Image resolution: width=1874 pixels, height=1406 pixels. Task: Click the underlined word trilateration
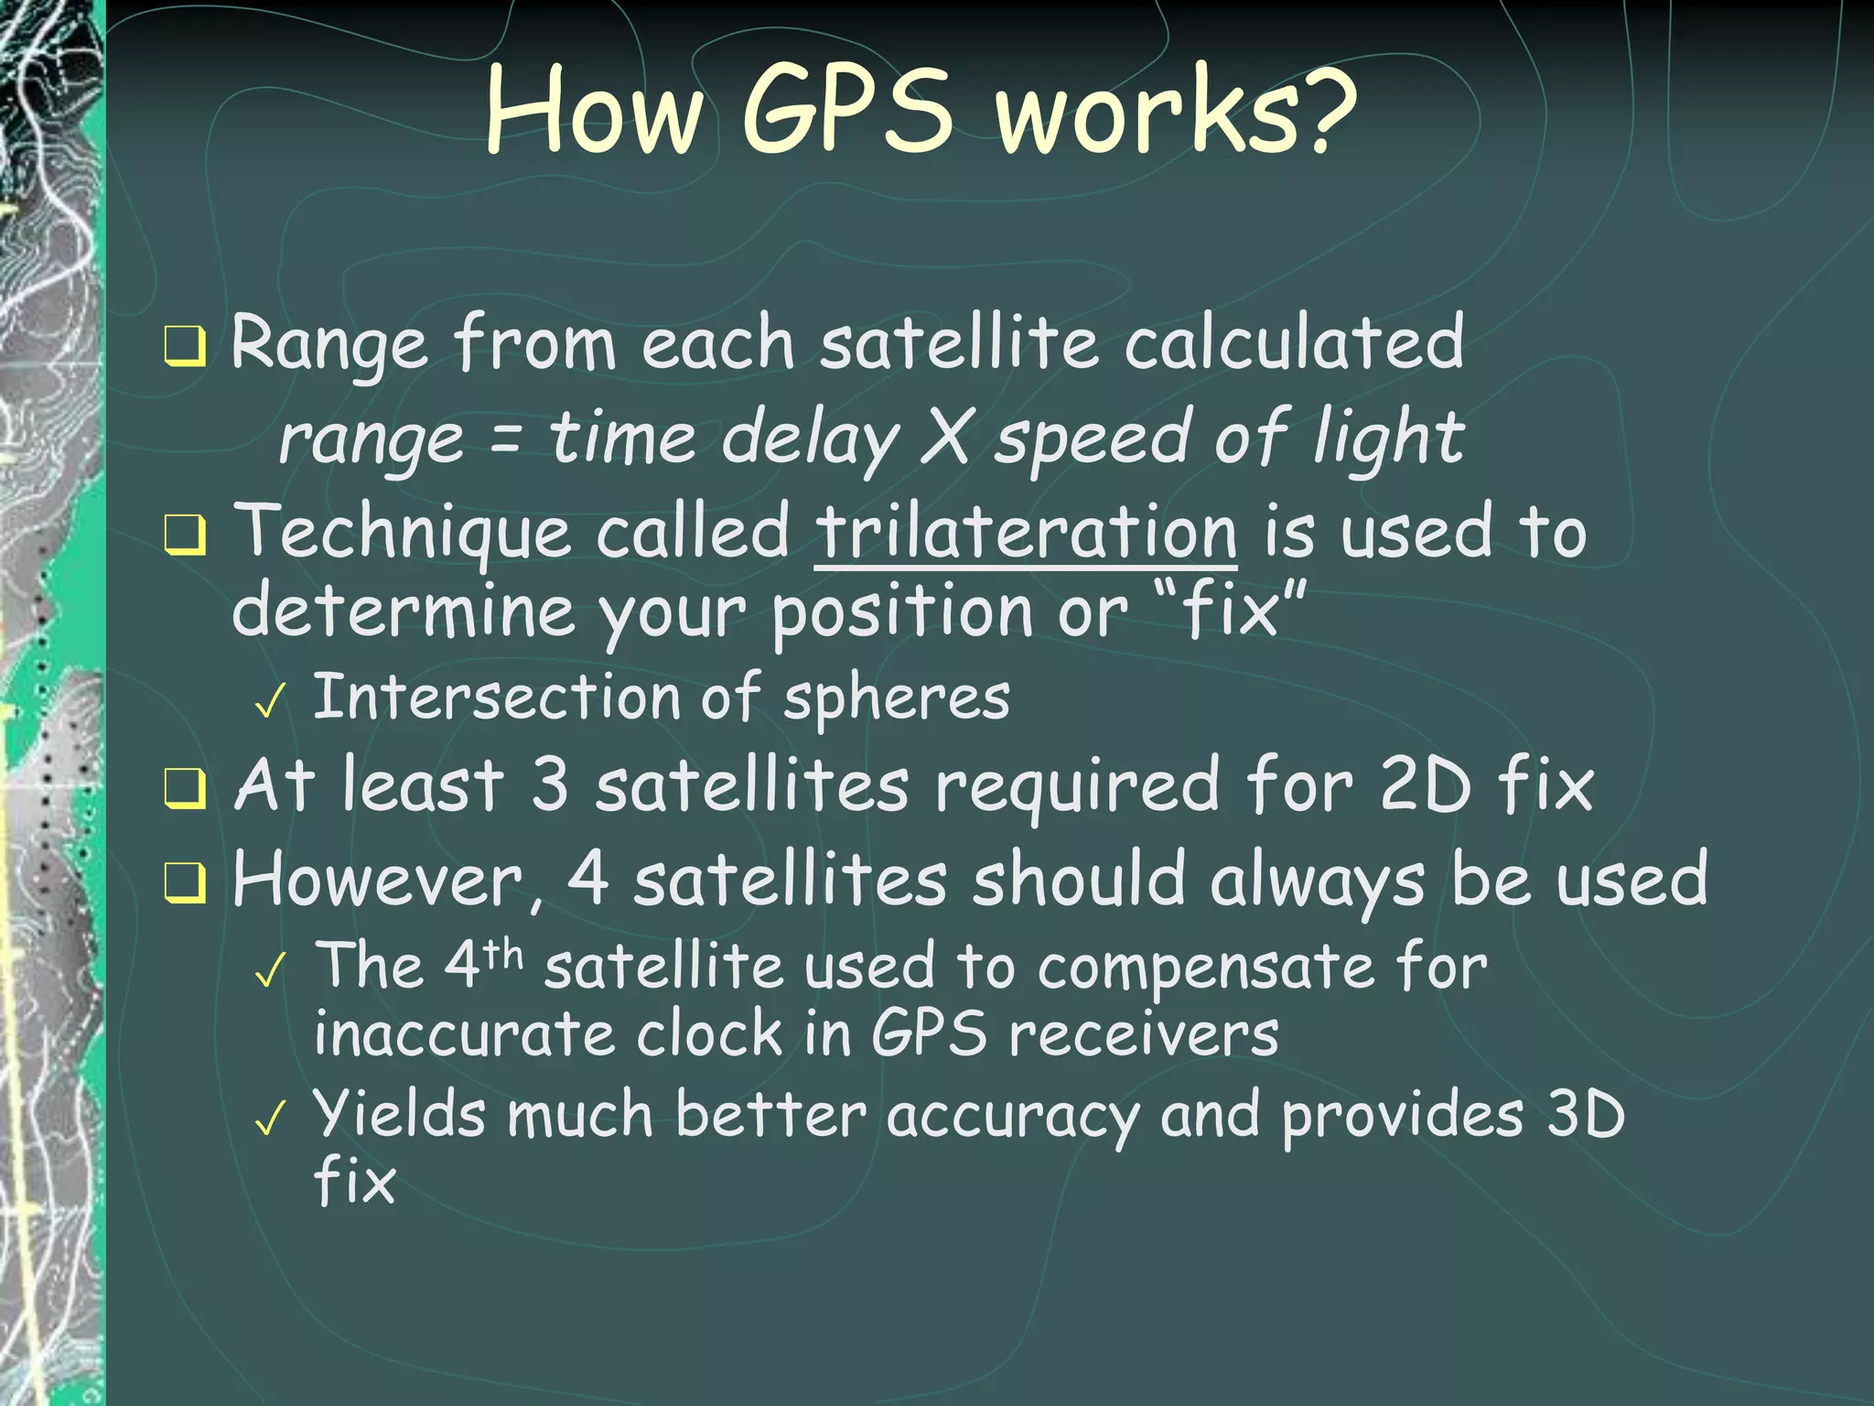tap(1026, 534)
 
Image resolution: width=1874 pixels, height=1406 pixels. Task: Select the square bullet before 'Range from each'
tap(185, 348)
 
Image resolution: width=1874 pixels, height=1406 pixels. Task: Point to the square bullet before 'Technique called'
tap(185, 535)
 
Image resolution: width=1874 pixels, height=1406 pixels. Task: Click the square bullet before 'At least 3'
tap(185, 789)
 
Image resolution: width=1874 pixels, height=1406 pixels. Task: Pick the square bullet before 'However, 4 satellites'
tap(185, 883)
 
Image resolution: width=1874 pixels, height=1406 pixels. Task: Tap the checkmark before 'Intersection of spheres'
tap(271, 703)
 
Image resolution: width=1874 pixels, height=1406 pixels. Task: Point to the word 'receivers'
tap(1143, 1034)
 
